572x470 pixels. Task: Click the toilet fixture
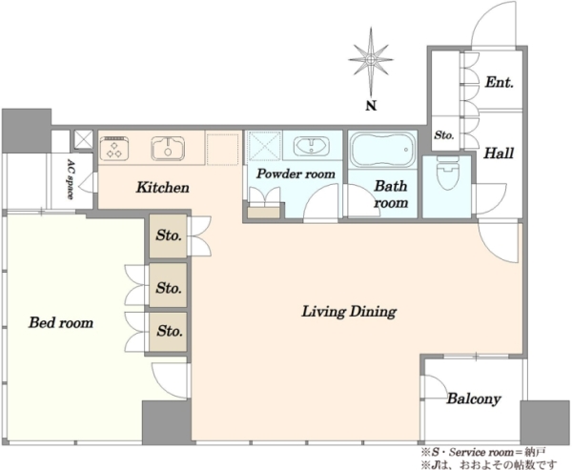click(448, 173)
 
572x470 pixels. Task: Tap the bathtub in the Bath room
click(383, 150)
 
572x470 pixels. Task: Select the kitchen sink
click(168, 148)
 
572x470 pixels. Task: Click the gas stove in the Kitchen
click(114, 148)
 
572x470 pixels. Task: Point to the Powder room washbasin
click(311, 146)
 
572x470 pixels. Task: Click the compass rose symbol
click(371, 60)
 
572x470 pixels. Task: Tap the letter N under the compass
click(371, 106)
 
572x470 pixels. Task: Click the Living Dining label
click(349, 312)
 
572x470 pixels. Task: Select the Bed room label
click(61, 322)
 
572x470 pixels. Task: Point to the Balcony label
click(474, 398)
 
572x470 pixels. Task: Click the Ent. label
click(499, 82)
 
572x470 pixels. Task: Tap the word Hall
click(499, 153)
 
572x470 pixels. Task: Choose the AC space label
click(71, 178)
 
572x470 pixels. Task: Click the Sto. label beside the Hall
click(444, 135)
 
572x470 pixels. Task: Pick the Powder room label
click(296, 174)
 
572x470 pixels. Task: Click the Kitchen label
click(163, 188)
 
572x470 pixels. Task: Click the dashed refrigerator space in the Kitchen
click(223, 149)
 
